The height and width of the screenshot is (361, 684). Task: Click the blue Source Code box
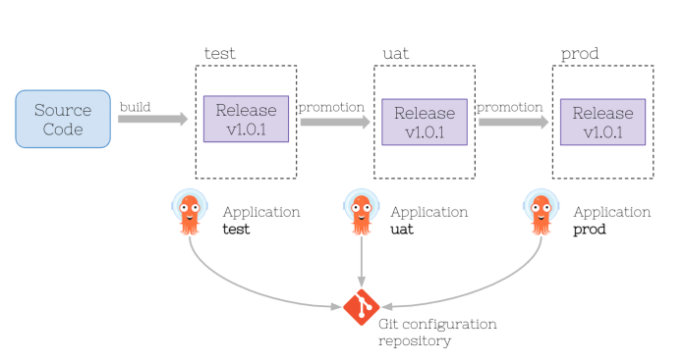63,119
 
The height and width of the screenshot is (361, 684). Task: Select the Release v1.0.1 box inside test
246,119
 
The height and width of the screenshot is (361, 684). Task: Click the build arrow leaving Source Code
152,119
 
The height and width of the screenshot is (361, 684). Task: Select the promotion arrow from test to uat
335,122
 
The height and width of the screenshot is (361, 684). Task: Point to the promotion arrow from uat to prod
513,123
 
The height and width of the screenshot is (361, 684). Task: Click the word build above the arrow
136,105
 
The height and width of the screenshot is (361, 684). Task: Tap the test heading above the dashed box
219,52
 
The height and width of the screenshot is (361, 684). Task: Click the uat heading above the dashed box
395,52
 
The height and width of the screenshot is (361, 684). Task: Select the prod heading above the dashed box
579,52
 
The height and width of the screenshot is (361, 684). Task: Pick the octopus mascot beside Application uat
361,212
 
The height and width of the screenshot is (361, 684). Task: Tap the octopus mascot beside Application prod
540,212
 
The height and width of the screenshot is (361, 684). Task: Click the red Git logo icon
361,308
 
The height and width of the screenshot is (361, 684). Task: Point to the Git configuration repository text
437,332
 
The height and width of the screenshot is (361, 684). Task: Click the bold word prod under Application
589,230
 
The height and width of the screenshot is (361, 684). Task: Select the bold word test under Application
236,230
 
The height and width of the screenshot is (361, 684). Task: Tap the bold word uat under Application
403,230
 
